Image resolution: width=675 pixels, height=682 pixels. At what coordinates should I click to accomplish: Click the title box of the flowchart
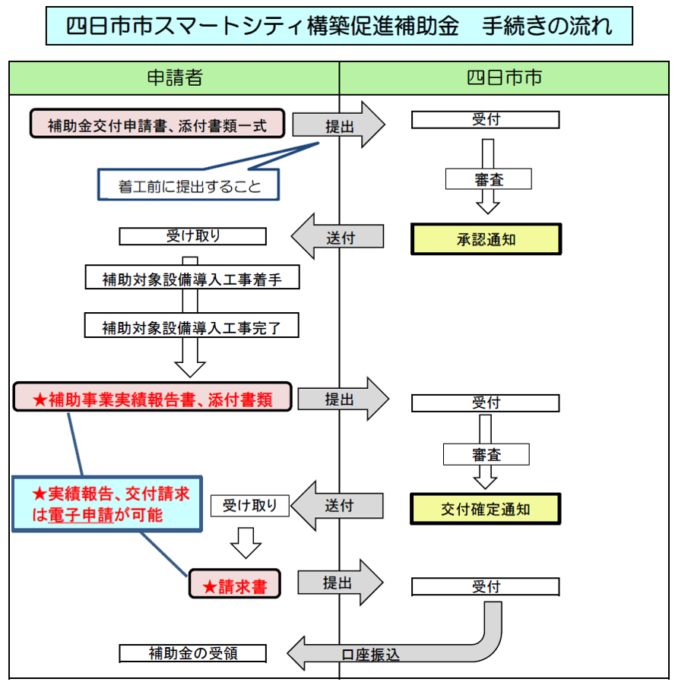coord(338,27)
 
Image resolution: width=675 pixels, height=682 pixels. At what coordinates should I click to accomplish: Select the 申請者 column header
coord(174,77)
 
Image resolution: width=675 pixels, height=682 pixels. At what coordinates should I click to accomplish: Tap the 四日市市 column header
coord(504,77)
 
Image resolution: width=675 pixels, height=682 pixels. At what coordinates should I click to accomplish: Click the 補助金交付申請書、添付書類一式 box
coord(157,124)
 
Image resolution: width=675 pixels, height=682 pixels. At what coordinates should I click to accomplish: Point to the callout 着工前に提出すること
coord(189,185)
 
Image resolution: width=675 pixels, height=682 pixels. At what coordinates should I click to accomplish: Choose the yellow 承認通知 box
coord(486,239)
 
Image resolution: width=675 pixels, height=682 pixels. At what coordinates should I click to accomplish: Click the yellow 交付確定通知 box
coord(486,509)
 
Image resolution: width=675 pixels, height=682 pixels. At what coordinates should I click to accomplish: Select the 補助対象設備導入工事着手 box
coord(192,279)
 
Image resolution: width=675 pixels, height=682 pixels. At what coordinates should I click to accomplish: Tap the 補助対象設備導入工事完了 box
coord(192,327)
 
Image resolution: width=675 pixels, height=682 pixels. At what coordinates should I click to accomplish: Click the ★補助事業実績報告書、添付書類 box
coord(153,397)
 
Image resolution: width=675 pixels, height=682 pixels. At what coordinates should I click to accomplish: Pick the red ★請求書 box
coord(234,585)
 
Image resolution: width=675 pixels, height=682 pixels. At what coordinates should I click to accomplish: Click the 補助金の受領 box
coord(192,653)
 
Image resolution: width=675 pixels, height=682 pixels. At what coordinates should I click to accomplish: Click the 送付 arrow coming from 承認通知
coord(338,237)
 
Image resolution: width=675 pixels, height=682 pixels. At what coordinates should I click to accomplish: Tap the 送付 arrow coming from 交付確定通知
coord(338,506)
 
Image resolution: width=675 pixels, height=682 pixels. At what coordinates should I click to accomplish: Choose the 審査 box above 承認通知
coord(487,179)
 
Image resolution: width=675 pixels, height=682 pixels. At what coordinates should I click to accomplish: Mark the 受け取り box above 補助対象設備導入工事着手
coord(192,236)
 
